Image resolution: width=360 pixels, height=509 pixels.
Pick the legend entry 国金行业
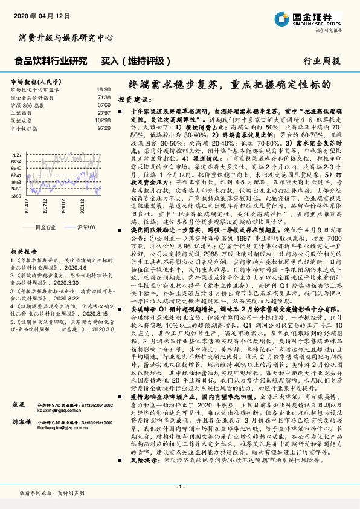[x=46, y=227]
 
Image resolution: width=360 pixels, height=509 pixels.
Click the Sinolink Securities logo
[x=313, y=18]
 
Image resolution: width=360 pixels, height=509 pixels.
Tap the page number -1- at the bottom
[x=179, y=487]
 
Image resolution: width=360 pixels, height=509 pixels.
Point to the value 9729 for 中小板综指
[x=104, y=128]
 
